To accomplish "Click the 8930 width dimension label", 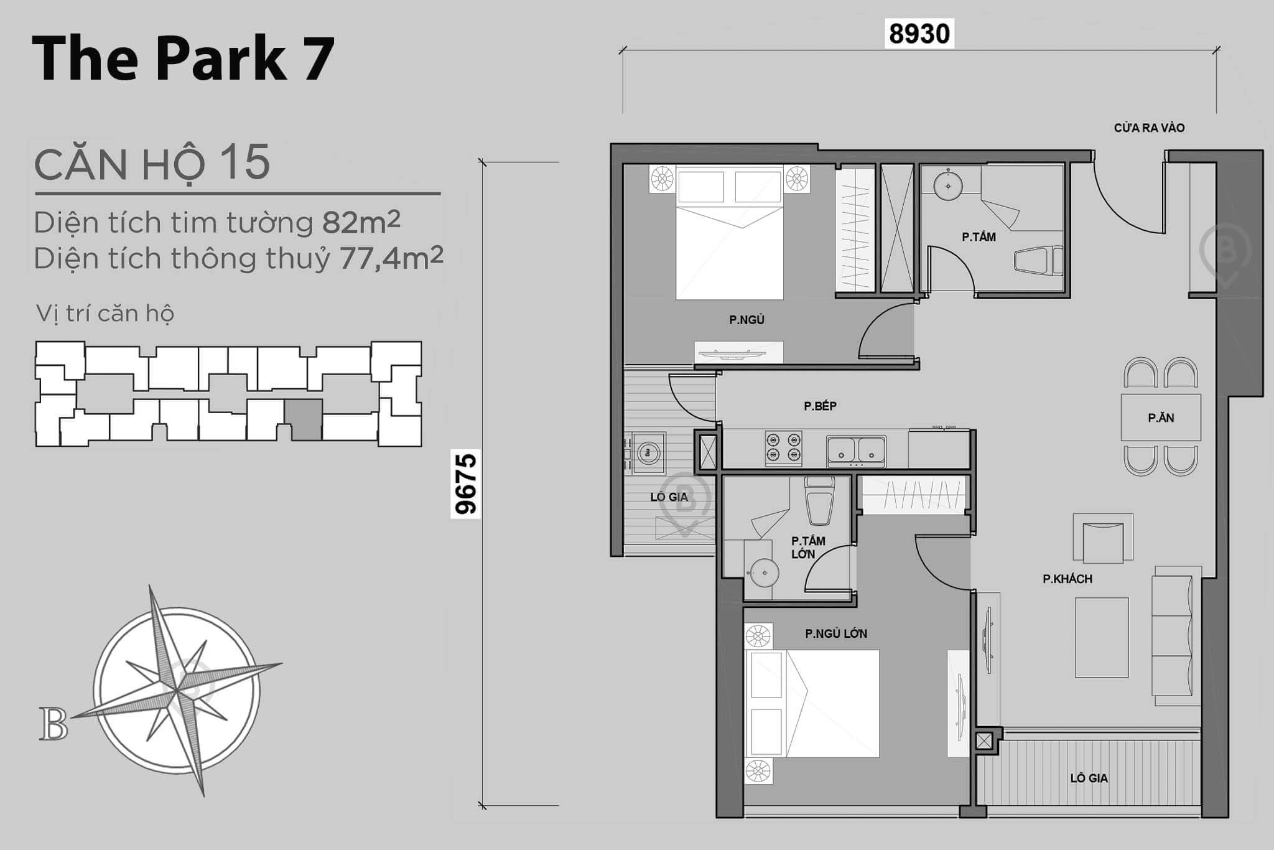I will (919, 34).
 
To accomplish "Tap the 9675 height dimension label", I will (465, 483).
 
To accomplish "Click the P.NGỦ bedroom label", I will (746, 320).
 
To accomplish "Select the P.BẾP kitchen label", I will (820, 406).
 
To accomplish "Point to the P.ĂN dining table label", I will (1161, 418).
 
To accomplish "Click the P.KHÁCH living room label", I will (1067, 579).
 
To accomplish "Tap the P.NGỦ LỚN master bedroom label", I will (835, 633).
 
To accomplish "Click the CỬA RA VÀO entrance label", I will (1149, 128).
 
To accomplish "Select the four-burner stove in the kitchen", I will (783, 448).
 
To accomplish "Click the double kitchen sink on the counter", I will (856, 451).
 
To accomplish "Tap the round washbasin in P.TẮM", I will (949, 185).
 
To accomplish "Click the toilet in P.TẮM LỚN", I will (819, 502).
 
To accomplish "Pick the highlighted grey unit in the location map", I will (304, 419).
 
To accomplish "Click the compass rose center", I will (178, 690).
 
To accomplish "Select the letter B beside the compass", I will (53, 724).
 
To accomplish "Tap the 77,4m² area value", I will (391, 258).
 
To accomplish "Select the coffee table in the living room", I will (1102, 637).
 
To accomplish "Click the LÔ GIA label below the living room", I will (1089, 778).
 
